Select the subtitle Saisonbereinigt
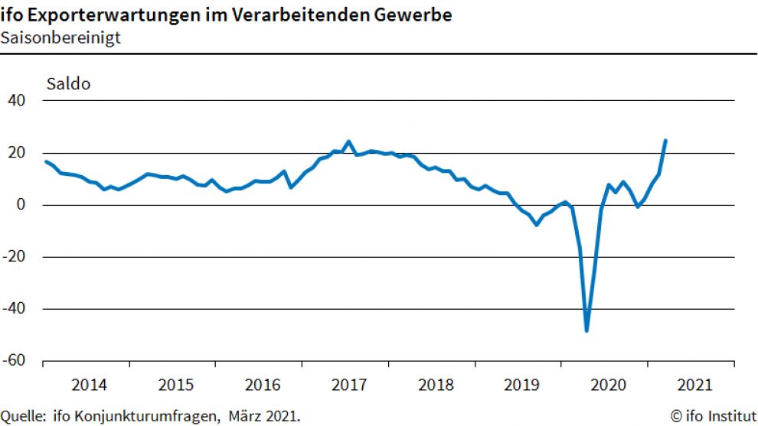60,37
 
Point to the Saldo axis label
69,84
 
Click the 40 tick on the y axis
17,101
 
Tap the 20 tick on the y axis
17,153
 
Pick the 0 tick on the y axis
22,205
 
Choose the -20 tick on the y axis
15,257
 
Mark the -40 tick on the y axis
15,309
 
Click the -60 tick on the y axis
15,361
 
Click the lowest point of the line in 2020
586,330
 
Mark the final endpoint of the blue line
665,141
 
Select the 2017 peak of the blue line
348,141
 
